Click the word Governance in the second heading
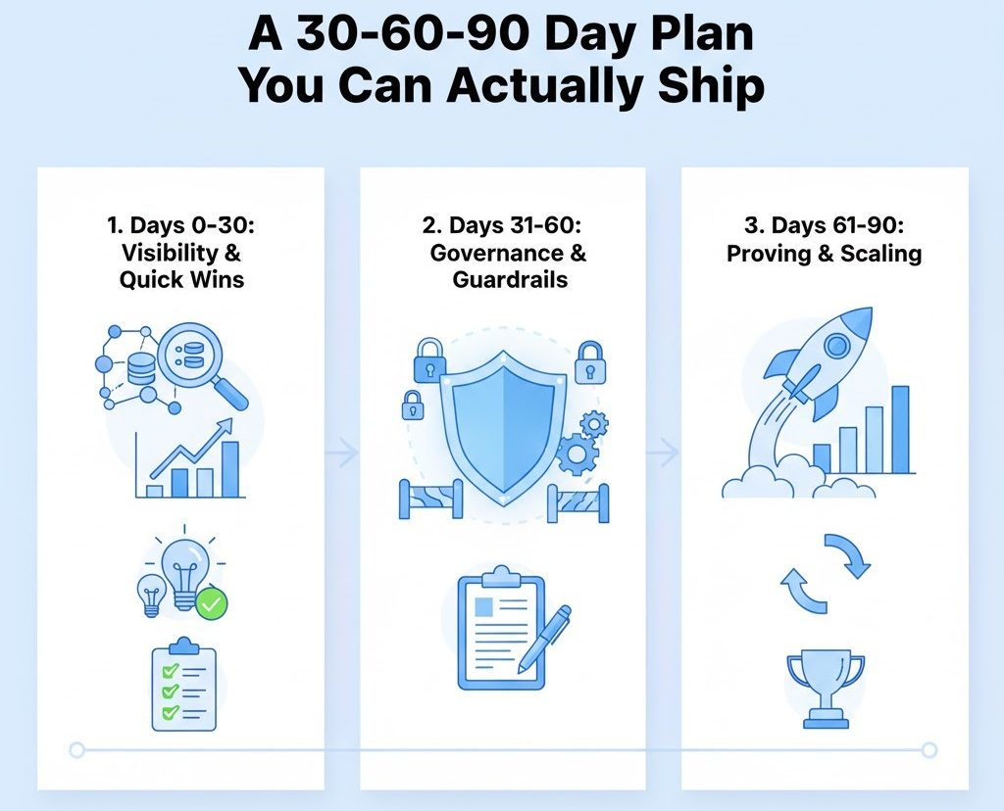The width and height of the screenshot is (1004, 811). tap(495, 252)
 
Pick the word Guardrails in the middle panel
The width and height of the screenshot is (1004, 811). tap(510, 279)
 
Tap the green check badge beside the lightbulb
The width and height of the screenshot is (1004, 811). tap(211, 603)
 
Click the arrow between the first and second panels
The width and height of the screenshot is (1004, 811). tap(341, 453)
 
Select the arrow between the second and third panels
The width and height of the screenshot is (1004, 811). tap(664, 453)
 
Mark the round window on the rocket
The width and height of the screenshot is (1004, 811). tap(836, 346)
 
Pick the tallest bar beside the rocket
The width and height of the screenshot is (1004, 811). tap(899, 428)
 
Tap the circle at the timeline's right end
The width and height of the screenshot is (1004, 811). tap(929, 750)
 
